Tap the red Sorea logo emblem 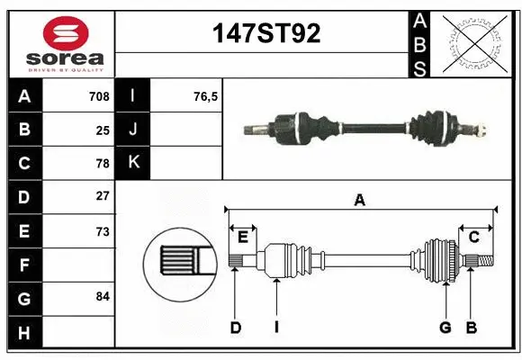pyautogui.click(x=66, y=33)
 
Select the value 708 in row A pyautogui.click(x=99, y=96)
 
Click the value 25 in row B pyautogui.click(x=103, y=130)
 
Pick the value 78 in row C pyautogui.click(x=103, y=164)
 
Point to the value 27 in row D pyautogui.click(x=103, y=196)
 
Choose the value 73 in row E pyautogui.click(x=103, y=231)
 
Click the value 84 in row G pyautogui.click(x=103, y=296)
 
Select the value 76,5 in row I pyautogui.click(x=206, y=96)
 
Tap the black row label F pyautogui.click(x=23, y=265)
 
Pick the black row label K pyautogui.click(x=134, y=163)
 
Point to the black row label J pyautogui.click(x=134, y=130)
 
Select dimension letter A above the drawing pyautogui.click(x=360, y=201)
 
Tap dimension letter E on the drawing pyautogui.click(x=242, y=237)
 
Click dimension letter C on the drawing pyautogui.click(x=473, y=237)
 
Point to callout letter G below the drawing pyautogui.click(x=445, y=328)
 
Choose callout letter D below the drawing pyautogui.click(x=236, y=328)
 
